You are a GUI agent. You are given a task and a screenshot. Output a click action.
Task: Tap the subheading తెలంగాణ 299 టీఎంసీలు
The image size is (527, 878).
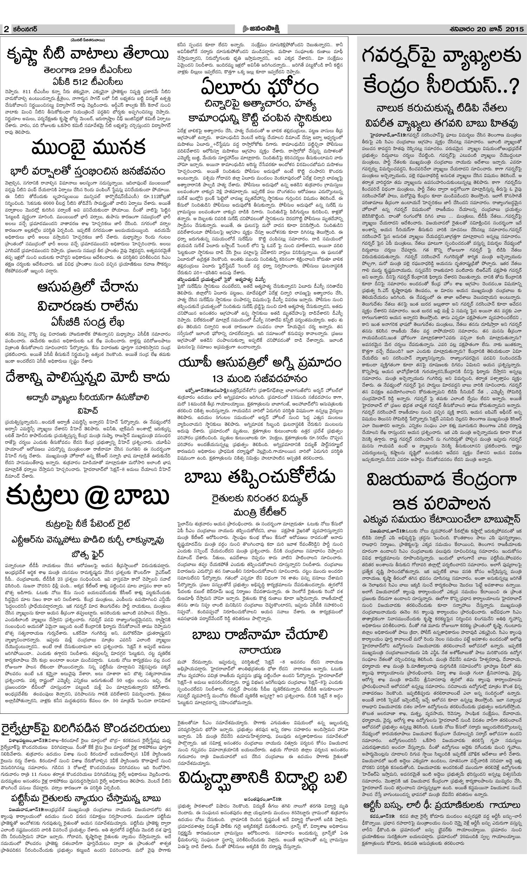(x=87, y=71)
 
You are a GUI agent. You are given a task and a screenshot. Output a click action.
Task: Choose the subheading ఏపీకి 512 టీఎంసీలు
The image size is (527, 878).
(x=87, y=81)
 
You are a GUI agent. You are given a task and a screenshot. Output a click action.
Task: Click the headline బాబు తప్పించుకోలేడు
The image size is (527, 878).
(x=260, y=478)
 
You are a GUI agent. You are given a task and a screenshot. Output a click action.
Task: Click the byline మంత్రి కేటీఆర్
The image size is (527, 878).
(x=260, y=512)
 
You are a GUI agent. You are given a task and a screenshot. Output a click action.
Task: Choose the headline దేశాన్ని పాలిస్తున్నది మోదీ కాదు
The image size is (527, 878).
(x=87, y=378)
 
